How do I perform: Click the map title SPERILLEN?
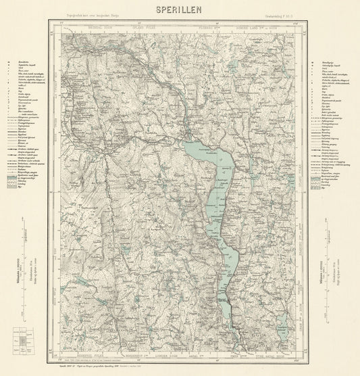point(180,10)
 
